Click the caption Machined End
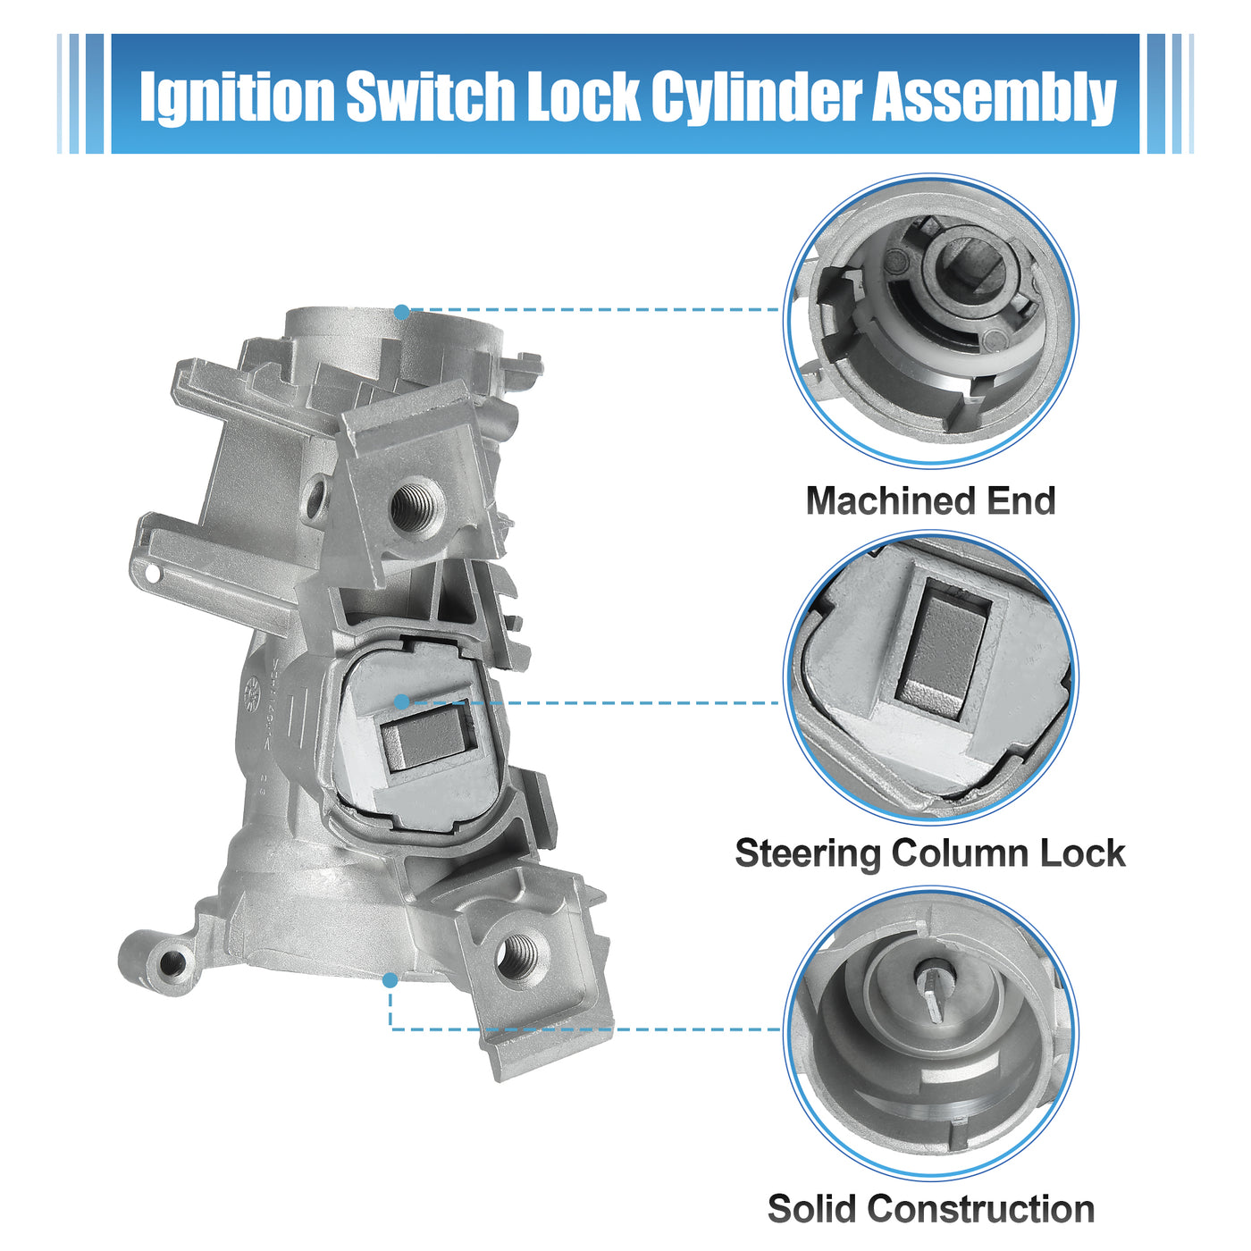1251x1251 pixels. [x=930, y=500]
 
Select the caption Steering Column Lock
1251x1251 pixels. [x=930, y=853]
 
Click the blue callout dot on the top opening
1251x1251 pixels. [x=402, y=312]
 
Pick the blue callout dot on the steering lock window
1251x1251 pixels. [x=402, y=701]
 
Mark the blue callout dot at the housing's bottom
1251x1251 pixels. [x=390, y=980]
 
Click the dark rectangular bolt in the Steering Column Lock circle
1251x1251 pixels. [x=942, y=647]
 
